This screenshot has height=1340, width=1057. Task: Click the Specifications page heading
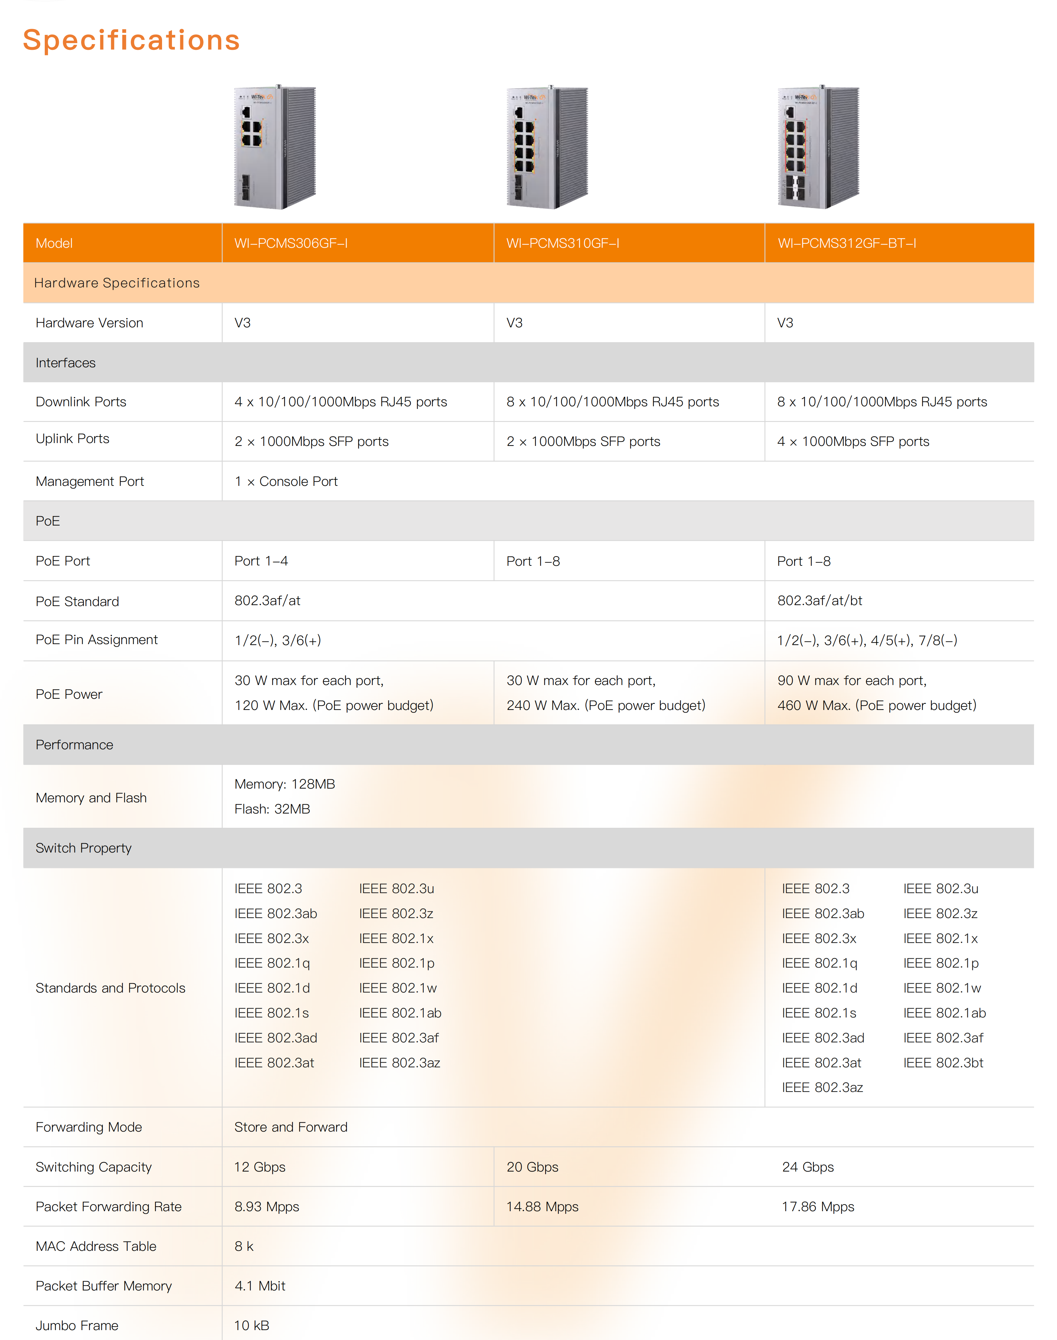131,40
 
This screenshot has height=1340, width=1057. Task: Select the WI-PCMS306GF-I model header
291,243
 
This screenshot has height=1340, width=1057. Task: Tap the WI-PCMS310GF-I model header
563,243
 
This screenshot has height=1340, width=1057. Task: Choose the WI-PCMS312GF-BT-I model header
847,243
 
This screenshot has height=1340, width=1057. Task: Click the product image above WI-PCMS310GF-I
547,147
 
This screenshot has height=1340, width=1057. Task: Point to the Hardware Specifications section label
117,283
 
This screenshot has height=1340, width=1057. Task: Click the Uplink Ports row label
73,439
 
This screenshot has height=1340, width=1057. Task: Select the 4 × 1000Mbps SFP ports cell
853,441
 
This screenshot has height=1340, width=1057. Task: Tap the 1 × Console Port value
286,481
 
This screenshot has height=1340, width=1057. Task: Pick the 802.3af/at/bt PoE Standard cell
820,600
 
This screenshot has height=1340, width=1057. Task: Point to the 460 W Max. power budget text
876,705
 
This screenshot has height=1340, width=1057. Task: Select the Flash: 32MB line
272,809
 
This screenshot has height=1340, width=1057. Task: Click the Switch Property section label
83,848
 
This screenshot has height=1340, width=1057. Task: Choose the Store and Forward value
291,1127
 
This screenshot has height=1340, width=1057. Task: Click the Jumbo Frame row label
77,1325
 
